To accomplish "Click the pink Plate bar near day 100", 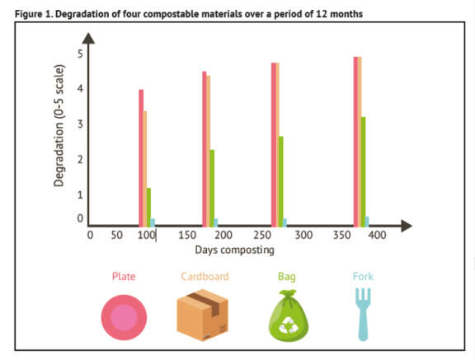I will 141,157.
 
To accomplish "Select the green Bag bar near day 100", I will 149,206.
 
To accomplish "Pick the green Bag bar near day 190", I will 212,187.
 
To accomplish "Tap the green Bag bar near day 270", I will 280,180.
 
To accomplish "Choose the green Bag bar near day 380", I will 363,171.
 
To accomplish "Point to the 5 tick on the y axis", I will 81,54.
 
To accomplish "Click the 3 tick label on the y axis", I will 81,124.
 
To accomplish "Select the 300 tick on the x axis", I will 304,236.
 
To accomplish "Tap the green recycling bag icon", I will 286,316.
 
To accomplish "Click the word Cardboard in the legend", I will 204,277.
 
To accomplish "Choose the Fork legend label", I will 363,277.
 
